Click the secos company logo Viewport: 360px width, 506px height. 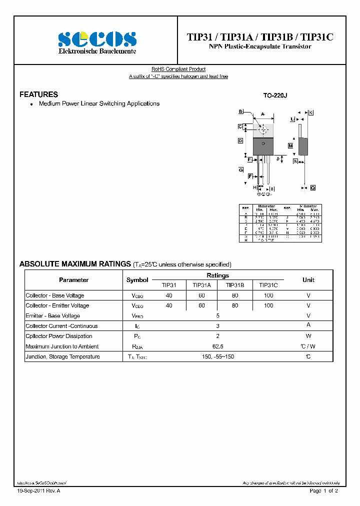point(97,40)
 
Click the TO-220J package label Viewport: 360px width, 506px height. point(275,95)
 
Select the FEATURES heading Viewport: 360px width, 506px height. point(38,94)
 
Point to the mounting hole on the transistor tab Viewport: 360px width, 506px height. point(263,130)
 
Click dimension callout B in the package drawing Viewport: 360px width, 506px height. point(240,111)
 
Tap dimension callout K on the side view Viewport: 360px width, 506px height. point(310,112)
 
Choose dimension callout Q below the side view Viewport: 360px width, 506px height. point(312,187)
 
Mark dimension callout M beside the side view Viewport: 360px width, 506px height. point(290,145)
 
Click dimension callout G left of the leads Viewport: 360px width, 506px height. point(240,170)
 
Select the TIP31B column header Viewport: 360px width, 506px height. point(235,284)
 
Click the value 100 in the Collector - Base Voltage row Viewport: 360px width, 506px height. point(268,295)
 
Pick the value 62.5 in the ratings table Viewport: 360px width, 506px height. point(217,346)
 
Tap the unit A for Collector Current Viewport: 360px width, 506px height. point(308,326)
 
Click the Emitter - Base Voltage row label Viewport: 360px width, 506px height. point(52,316)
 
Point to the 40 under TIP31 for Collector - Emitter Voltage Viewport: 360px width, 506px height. point(169,305)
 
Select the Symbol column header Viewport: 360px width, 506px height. point(137,280)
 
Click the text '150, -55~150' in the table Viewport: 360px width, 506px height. point(217,356)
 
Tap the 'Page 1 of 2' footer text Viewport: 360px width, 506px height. point(324,491)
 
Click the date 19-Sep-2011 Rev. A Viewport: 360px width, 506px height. point(38,491)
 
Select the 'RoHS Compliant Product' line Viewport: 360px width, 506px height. point(178,69)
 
